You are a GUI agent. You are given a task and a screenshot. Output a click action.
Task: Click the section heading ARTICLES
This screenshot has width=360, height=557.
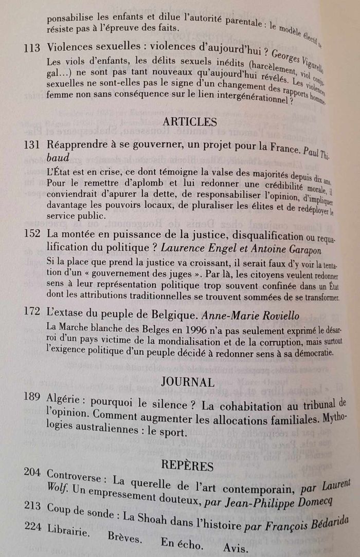click(x=189, y=122)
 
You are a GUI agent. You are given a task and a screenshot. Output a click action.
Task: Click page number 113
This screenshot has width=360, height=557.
click(x=32, y=48)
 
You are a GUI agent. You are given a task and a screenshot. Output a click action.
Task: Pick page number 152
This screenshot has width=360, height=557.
click(x=32, y=234)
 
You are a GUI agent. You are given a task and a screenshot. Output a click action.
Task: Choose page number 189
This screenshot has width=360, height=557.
click(x=32, y=402)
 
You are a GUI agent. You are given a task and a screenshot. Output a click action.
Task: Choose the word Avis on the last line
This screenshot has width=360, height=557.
click(x=235, y=548)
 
